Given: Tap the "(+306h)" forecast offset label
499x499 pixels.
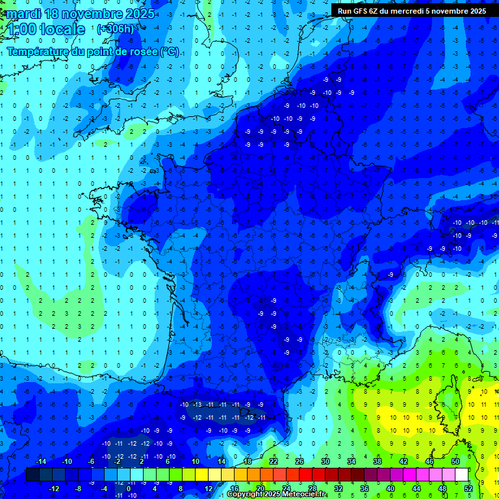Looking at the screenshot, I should point(116,29).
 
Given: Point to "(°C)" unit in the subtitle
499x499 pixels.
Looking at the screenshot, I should point(170,52).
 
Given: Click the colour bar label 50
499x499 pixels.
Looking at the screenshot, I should point(455,461).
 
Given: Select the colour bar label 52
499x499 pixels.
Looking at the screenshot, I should point(468,488).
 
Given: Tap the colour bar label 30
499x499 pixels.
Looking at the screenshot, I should point(325,461).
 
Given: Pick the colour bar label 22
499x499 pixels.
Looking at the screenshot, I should point(273,461).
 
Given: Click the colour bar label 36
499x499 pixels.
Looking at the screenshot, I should point(364,488).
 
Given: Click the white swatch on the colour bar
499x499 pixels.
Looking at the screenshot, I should point(461,475).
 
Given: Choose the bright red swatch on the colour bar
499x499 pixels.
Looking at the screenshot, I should point(305,475).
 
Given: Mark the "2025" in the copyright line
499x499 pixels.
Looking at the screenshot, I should point(273,494).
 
